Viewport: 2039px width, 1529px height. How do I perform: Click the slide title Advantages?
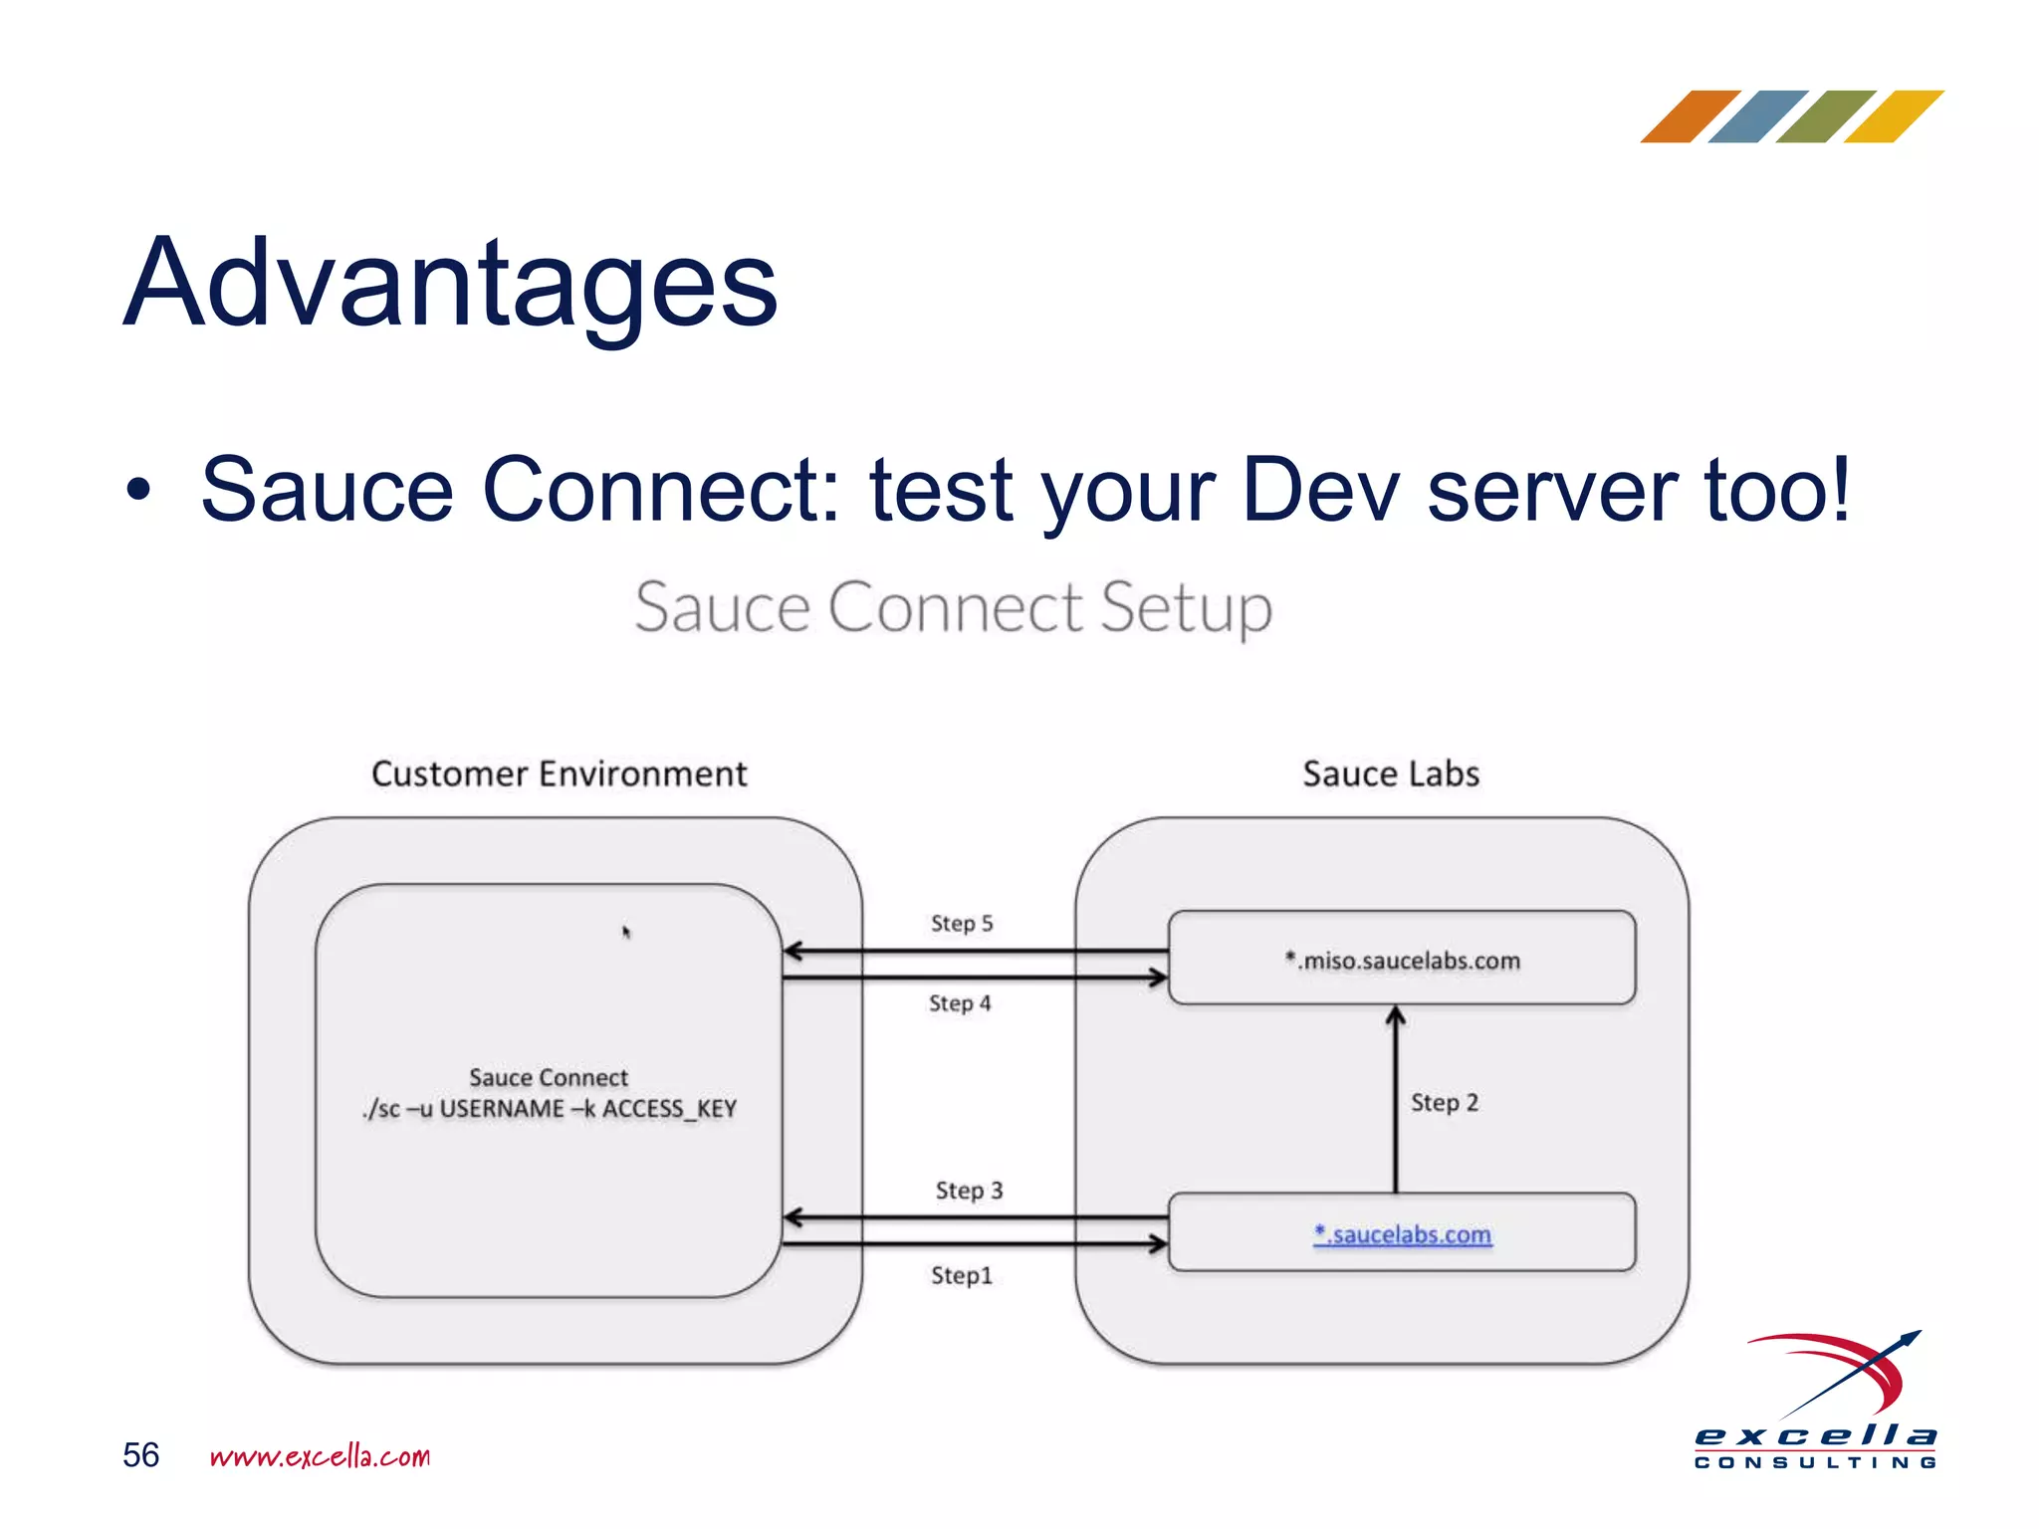coord(450,284)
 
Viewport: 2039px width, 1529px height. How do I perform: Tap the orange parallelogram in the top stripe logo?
coord(1690,116)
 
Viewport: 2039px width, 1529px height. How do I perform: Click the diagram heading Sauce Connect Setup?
coord(953,607)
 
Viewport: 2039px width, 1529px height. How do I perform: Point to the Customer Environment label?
coord(559,774)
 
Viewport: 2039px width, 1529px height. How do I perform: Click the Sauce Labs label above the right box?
coord(1391,774)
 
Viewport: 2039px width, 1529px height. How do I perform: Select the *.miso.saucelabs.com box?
coord(1402,958)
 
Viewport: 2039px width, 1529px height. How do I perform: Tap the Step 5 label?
coord(962,924)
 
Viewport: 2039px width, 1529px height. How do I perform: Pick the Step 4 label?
coord(960,1003)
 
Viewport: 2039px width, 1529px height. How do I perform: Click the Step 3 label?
coord(969,1191)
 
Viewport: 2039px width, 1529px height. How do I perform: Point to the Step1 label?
coord(962,1275)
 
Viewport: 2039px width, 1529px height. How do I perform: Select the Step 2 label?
coord(1445,1103)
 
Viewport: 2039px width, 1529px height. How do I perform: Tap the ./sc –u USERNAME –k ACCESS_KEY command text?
coord(550,1109)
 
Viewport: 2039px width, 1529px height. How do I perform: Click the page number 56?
coord(140,1455)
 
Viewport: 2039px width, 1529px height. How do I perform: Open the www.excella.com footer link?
coord(320,1456)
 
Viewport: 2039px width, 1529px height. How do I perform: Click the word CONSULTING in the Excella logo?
coord(1815,1462)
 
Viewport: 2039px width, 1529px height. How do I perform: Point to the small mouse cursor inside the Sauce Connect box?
coord(626,932)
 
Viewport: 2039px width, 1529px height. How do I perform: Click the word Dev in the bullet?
coord(1321,490)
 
